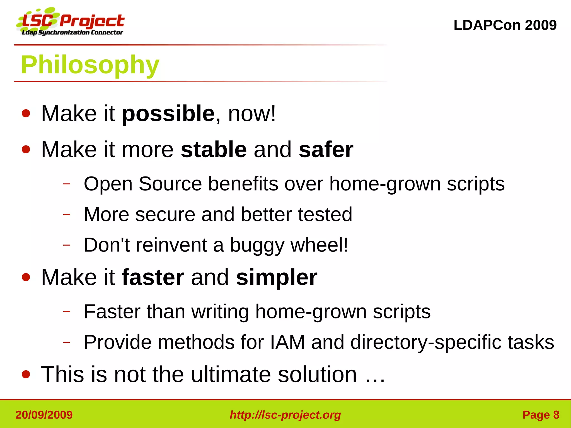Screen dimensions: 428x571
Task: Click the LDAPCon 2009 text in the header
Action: pyautogui.click(x=505, y=25)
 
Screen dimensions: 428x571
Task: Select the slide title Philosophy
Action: pyautogui.click(x=90, y=65)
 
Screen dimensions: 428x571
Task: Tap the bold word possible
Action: pyautogui.click(x=168, y=114)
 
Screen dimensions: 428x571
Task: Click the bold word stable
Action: pyautogui.click(x=214, y=150)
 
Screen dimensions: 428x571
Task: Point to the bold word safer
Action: pyautogui.click(x=326, y=150)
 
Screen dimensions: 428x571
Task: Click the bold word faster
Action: pyautogui.click(x=153, y=277)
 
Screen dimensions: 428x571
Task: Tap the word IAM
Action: pyautogui.click(x=287, y=342)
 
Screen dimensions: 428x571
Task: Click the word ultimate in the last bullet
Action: pyautogui.click(x=231, y=374)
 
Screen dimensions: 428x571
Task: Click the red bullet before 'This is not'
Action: pyautogui.click(x=26, y=375)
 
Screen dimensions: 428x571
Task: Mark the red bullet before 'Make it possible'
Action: pyautogui.click(x=26, y=114)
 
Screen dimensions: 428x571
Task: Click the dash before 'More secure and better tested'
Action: pyautogui.click(x=67, y=214)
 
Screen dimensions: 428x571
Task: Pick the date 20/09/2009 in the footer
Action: pyautogui.click(x=44, y=415)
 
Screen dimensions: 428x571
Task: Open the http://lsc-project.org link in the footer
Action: pyautogui.click(x=285, y=415)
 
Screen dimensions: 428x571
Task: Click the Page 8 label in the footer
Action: pyautogui.click(x=541, y=415)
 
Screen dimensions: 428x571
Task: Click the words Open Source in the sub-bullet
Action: pyautogui.click(x=142, y=184)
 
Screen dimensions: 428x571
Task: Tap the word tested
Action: pyautogui.click(x=325, y=214)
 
